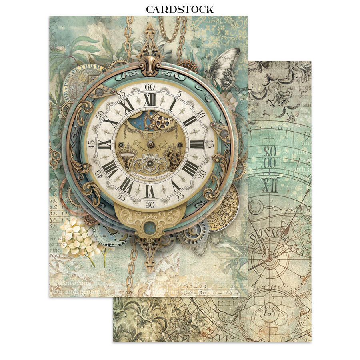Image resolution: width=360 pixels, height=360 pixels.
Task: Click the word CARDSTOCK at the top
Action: [180, 9]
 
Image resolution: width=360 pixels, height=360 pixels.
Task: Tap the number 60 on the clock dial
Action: [150, 87]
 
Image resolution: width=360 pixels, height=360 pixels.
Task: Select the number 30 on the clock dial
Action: [150, 204]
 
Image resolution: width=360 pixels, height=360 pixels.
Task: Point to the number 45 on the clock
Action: [92, 142]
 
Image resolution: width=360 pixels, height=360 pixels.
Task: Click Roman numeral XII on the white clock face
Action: [150, 100]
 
